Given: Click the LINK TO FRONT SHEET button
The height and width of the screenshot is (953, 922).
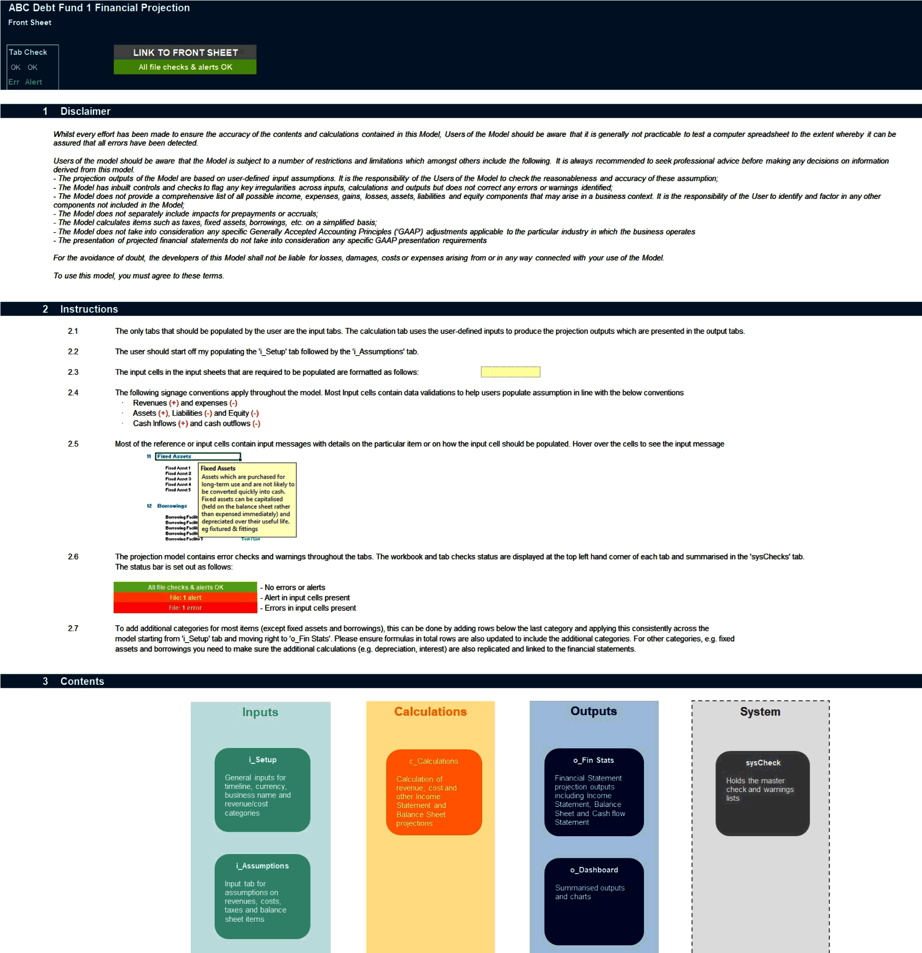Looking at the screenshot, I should coord(185,52).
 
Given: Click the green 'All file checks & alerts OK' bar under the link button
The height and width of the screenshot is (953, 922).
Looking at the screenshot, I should coord(185,67).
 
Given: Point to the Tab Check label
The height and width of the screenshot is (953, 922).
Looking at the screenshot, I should coord(28,52).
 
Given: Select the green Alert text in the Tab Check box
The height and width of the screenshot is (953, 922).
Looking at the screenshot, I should coord(34,82).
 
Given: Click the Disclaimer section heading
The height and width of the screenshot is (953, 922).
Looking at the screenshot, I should coord(85,111).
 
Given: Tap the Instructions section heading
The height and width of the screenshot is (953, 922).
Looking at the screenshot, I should coord(89,309).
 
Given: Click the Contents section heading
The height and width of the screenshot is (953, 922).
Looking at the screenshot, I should coord(82,681).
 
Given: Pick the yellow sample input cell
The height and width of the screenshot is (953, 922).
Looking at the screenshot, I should coord(510,372).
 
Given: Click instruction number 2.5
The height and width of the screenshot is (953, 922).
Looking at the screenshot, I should coord(73,444).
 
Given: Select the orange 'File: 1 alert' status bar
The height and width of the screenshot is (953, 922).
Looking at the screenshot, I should coord(185,597).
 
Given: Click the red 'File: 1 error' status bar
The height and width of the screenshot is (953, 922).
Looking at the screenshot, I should coord(185,608).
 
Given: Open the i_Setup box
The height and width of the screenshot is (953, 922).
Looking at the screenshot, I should coord(262,790).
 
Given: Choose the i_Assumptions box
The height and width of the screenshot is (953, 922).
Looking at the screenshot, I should coord(262,896).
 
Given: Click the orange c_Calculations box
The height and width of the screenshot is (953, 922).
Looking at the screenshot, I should coord(434,792).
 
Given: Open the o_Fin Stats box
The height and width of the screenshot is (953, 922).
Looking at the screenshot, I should coord(594,792).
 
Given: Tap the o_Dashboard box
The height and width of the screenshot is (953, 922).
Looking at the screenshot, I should coord(594,901).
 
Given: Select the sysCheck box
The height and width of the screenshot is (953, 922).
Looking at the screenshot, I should coord(762,793).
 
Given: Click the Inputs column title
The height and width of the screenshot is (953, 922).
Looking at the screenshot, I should coord(260,712).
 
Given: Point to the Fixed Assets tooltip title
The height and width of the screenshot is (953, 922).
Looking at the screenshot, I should coord(218,468).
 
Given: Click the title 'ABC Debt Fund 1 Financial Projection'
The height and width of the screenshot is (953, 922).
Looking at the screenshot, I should coord(99,8).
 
